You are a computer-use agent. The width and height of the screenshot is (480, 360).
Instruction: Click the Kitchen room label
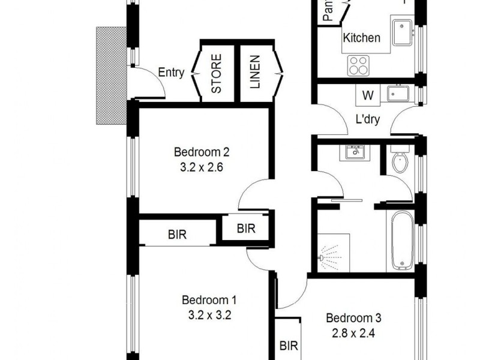[361, 38]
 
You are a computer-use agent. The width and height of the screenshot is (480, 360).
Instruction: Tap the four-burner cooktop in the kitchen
[359, 65]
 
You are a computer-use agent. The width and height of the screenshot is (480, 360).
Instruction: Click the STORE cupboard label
[217, 73]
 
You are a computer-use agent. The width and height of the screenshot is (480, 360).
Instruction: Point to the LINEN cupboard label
[255, 73]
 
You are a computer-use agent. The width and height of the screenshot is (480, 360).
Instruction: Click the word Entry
[171, 73]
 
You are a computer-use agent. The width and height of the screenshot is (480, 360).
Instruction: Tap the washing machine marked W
[368, 95]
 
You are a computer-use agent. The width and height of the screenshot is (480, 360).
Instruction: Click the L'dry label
[368, 119]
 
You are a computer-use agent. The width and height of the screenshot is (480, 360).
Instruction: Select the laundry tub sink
[397, 94]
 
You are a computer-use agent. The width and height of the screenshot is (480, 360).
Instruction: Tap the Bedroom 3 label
[353, 317]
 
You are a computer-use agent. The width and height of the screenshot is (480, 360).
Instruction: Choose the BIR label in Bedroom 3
[289, 346]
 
